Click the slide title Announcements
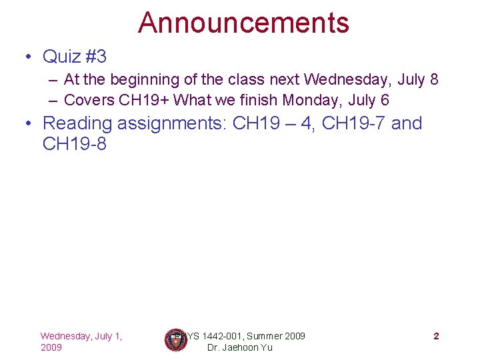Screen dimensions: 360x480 pos(243,22)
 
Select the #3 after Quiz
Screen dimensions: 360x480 pos(95,55)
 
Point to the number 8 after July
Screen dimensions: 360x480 pos(434,80)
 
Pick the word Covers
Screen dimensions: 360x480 pos(89,101)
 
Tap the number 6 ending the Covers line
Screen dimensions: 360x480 pos(385,101)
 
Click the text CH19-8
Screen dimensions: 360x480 pos(74,143)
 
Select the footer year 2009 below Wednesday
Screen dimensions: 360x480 pos(51,347)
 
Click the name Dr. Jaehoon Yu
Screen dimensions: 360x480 pos(240,347)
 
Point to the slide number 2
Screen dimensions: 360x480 pos(436,336)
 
